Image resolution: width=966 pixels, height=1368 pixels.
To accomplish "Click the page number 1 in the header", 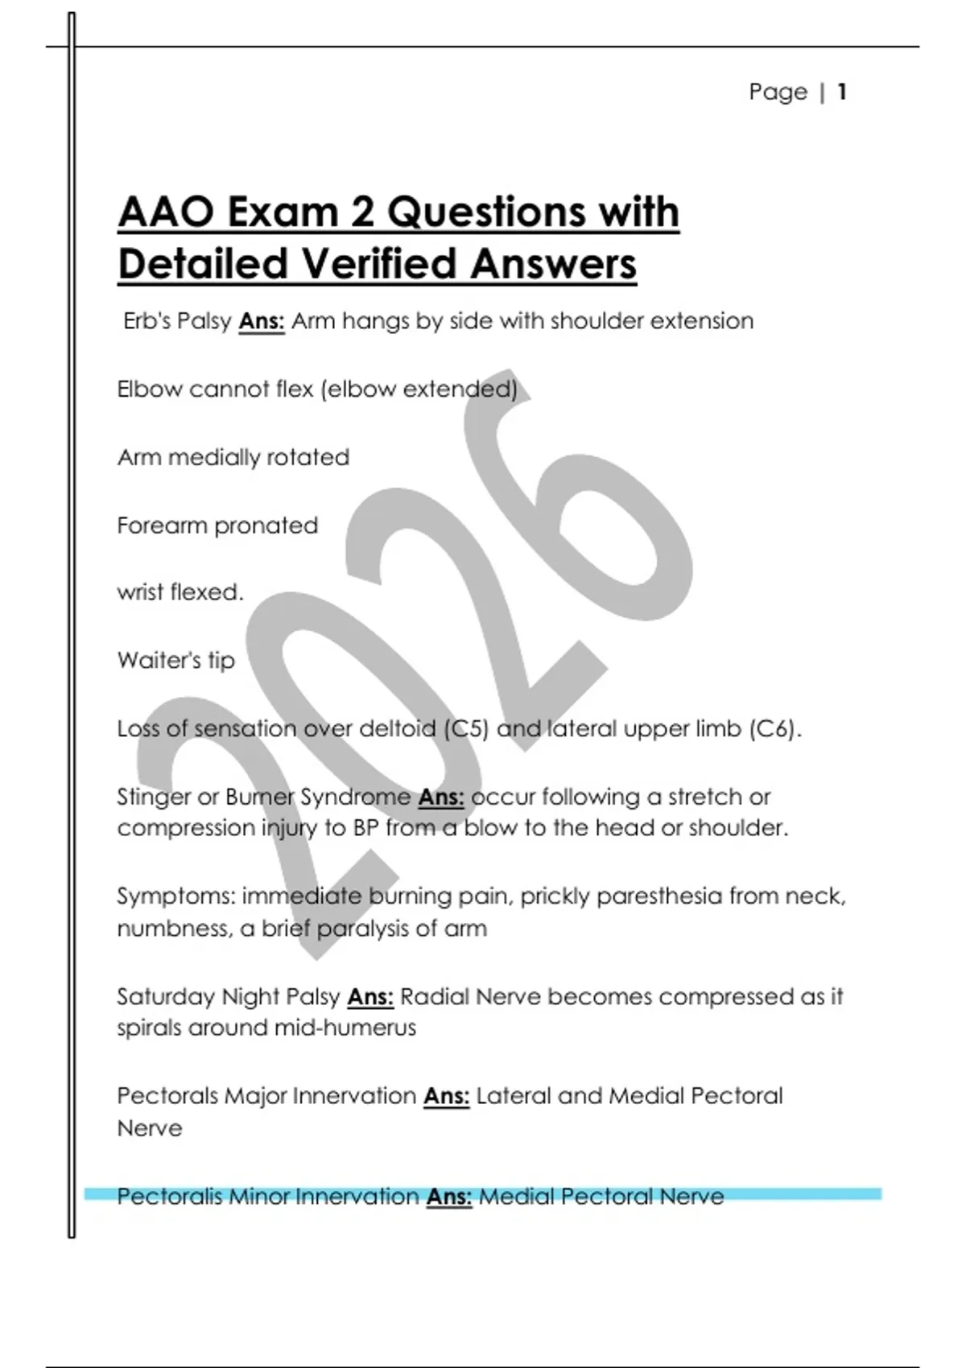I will (841, 92).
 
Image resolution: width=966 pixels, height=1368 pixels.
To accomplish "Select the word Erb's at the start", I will (147, 321).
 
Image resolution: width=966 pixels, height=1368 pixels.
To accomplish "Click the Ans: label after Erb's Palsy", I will (262, 321).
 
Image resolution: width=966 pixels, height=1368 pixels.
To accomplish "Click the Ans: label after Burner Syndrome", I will (441, 797).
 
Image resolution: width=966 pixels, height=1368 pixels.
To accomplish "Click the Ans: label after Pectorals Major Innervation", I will (446, 1096).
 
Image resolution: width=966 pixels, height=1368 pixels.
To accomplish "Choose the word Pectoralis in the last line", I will (169, 1197).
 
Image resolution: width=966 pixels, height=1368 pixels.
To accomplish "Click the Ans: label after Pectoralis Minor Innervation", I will (448, 1197).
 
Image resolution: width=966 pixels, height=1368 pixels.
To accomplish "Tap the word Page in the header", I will (778, 92).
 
